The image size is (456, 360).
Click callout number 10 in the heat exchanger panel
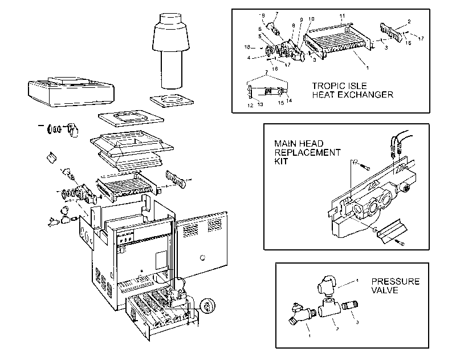coord(311,19)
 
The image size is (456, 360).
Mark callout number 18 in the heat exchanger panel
coord(247,47)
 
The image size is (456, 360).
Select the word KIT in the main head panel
coord(281,162)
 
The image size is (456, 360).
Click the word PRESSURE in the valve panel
coord(395,281)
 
